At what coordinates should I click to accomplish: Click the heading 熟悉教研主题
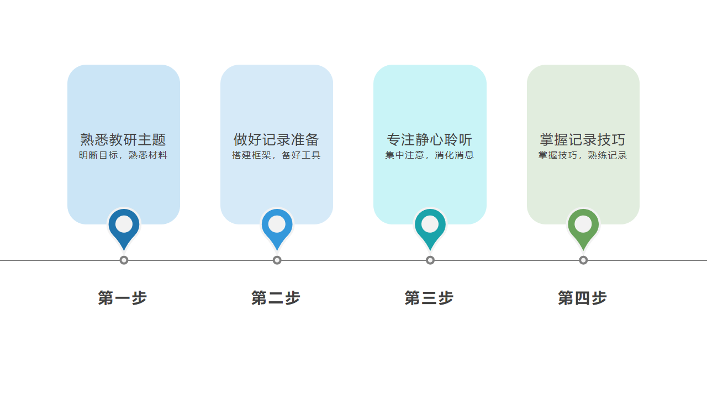[x=123, y=140]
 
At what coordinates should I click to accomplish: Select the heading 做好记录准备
[x=276, y=140]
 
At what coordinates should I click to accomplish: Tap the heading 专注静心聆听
[x=430, y=140]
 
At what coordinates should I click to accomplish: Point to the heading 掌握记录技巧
[x=583, y=140]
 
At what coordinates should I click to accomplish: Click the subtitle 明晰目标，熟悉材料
[x=123, y=155]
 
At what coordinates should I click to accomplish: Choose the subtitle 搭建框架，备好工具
[x=276, y=155]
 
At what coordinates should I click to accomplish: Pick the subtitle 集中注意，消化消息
[x=430, y=155]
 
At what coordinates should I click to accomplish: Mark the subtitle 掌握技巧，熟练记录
[x=583, y=155]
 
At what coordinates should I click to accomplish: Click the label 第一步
[x=123, y=298]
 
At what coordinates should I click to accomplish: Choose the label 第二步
[x=276, y=298]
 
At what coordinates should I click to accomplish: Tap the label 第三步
[x=429, y=298]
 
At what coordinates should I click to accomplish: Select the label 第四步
[x=582, y=298]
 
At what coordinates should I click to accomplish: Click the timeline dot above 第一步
[x=124, y=260]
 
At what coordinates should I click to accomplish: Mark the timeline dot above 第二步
[x=277, y=260]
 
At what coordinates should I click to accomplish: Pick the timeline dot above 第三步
[x=430, y=260]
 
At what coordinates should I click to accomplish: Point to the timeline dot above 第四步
[x=583, y=260]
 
